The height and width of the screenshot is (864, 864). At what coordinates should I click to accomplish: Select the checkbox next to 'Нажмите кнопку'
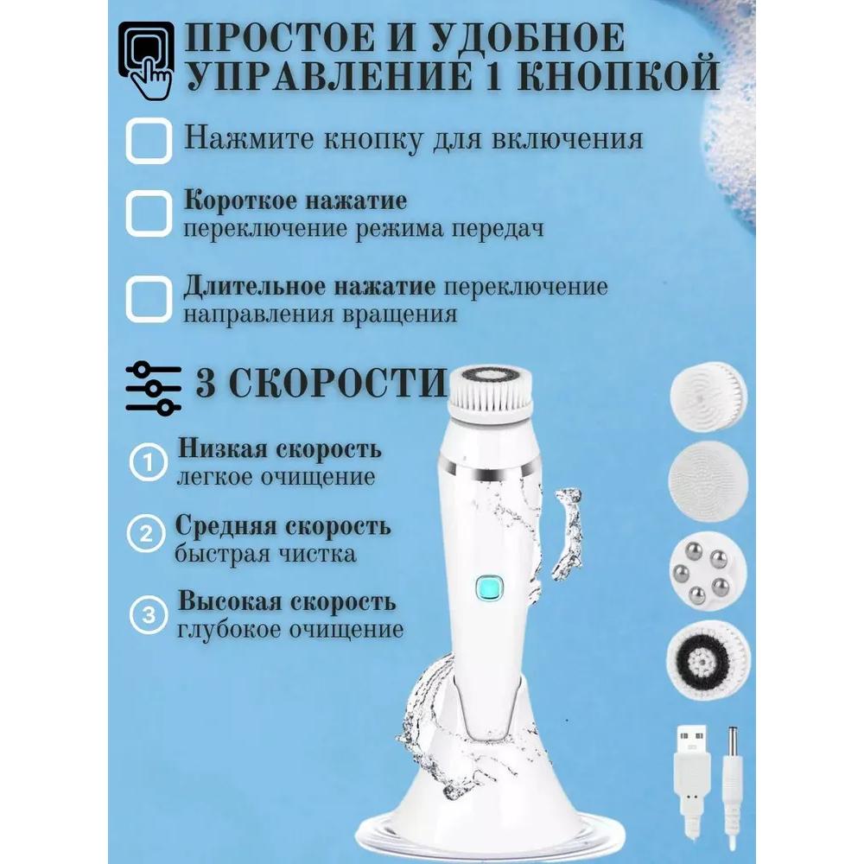(x=149, y=141)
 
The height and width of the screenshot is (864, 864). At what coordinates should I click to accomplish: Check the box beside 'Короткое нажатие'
(x=149, y=213)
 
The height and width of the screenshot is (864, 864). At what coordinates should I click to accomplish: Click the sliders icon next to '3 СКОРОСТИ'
(x=153, y=387)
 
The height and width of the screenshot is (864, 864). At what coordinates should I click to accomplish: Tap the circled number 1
(x=149, y=465)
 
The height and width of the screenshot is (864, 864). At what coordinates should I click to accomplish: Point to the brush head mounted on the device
(x=490, y=393)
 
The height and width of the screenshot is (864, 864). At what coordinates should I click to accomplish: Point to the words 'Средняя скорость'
(x=283, y=526)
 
